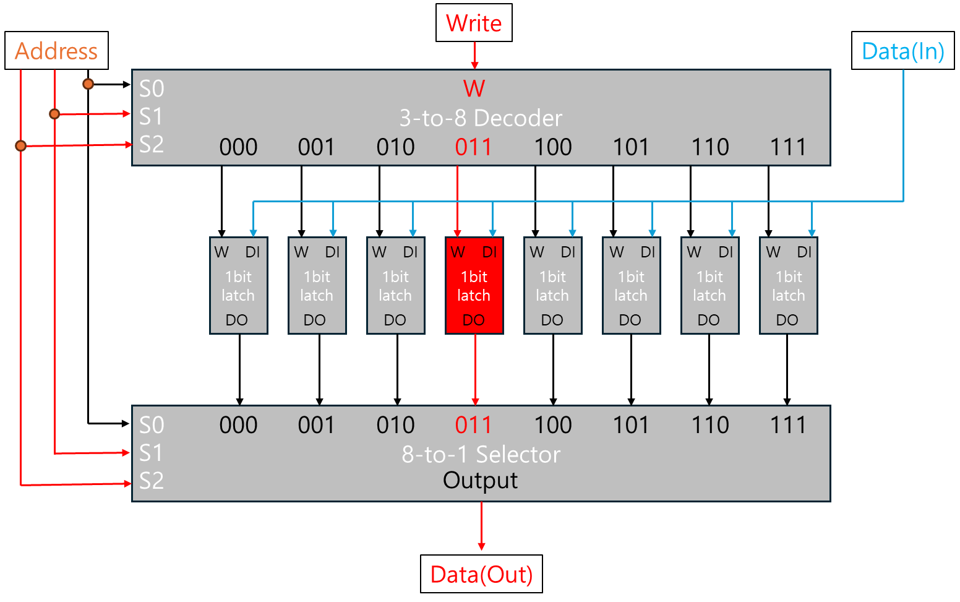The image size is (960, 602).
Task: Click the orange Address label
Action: pyautogui.click(x=56, y=51)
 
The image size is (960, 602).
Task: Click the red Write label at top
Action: pyautogui.click(x=474, y=24)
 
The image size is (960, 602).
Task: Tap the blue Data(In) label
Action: pyautogui.click(x=903, y=51)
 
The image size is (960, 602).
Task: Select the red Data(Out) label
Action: pyautogui.click(x=481, y=574)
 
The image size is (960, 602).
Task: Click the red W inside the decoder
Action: pyautogui.click(x=474, y=88)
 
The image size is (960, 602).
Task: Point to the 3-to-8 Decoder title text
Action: pyautogui.click(x=481, y=118)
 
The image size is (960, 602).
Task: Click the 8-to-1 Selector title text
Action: pyautogui.click(x=481, y=454)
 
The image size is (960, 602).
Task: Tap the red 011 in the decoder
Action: pyautogui.click(x=473, y=147)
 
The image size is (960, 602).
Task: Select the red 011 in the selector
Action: pyautogui.click(x=473, y=425)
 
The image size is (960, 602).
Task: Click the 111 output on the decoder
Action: pyautogui.click(x=788, y=147)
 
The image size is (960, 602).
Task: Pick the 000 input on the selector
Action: pyautogui.click(x=238, y=425)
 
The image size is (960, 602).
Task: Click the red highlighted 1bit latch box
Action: pyautogui.click(x=474, y=286)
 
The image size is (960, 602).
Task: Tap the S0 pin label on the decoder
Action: pyautogui.click(x=152, y=88)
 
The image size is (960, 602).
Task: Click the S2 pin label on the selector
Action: pyautogui.click(x=152, y=481)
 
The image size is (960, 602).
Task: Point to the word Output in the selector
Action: pyautogui.click(x=481, y=480)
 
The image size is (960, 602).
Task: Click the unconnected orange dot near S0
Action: pyautogui.click(x=88, y=84)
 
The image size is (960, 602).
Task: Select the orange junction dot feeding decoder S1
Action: pyautogui.click(x=54, y=114)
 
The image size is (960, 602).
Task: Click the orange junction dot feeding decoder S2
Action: pyautogui.click(x=21, y=146)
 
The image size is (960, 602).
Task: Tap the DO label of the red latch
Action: pyautogui.click(x=474, y=320)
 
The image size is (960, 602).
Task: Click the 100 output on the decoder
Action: pyautogui.click(x=552, y=147)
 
